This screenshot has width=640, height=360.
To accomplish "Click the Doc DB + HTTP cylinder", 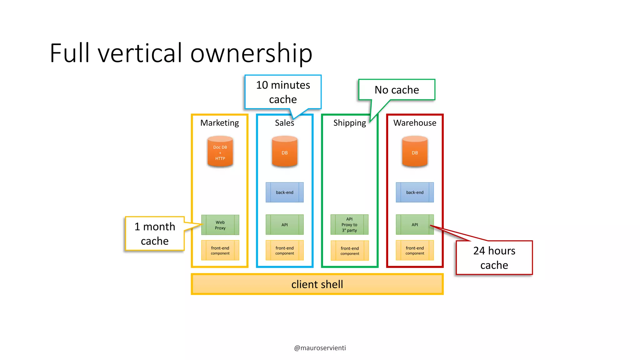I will (220, 152).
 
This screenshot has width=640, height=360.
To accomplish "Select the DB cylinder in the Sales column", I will (284, 152).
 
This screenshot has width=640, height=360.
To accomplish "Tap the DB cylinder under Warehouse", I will (415, 152).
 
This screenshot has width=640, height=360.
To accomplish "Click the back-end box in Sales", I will (284, 192).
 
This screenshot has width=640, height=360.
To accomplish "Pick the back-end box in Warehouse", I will (415, 192).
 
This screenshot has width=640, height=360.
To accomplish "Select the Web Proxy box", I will (220, 225).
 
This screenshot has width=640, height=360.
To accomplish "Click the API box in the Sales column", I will (284, 225).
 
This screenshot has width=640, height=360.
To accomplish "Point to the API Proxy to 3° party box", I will (349, 225).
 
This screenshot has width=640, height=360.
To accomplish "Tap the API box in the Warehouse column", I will (415, 225).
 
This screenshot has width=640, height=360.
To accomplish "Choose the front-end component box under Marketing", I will (220, 250).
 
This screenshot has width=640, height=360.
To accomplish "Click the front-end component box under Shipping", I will (350, 251).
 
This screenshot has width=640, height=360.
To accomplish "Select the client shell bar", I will (317, 284).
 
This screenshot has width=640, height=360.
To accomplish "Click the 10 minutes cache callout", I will (283, 92).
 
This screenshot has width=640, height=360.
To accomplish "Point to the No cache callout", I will (397, 90).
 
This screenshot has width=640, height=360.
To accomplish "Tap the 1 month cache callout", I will (155, 233).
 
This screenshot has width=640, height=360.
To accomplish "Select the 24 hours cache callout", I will (494, 258).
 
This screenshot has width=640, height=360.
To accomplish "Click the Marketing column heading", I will (219, 123).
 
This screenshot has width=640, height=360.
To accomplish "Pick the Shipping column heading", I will (349, 123).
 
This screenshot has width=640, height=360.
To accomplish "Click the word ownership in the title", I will (251, 53).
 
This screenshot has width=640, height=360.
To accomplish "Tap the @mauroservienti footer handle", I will (320, 348).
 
